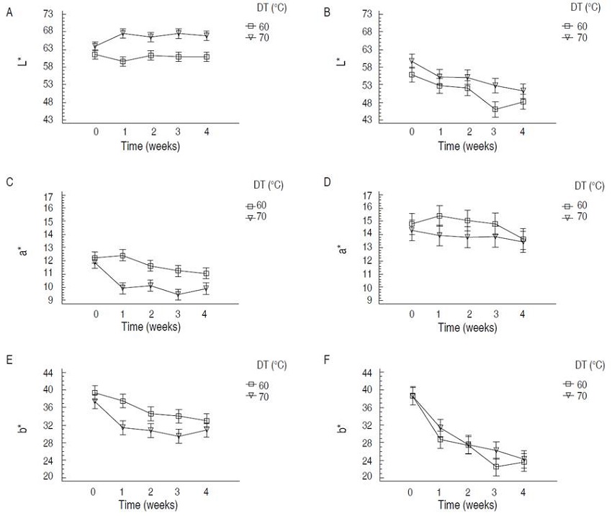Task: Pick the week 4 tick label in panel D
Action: [x=522, y=314]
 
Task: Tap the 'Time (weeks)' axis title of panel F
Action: [x=468, y=505]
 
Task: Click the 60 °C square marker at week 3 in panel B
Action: [x=495, y=109]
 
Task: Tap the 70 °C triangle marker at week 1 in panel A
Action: [x=123, y=33]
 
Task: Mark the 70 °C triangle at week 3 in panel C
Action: [x=179, y=294]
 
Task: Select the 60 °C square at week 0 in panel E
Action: [x=95, y=393]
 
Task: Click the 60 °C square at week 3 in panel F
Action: [x=495, y=466]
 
